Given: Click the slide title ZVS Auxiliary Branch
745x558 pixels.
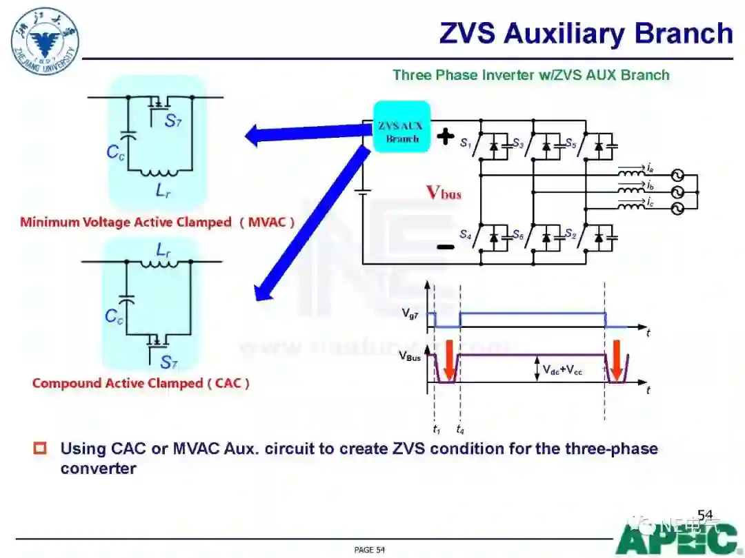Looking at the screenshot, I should point(586,33).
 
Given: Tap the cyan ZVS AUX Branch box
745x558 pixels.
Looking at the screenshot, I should point(402,127).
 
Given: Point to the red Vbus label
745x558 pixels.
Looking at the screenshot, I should point(443,192).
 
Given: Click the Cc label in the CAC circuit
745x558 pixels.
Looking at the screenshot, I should point(115,316).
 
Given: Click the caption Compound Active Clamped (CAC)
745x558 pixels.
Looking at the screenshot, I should point(141,383).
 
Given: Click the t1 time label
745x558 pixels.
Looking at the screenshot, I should point(437,429).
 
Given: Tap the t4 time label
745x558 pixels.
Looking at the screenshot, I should point(459,429).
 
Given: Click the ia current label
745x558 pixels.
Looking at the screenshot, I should point(650,167).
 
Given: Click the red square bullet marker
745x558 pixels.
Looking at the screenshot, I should point(40,449).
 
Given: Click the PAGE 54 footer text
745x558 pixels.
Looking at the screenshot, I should point(369,550).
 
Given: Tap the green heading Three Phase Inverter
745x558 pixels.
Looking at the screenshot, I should point(530,75).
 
